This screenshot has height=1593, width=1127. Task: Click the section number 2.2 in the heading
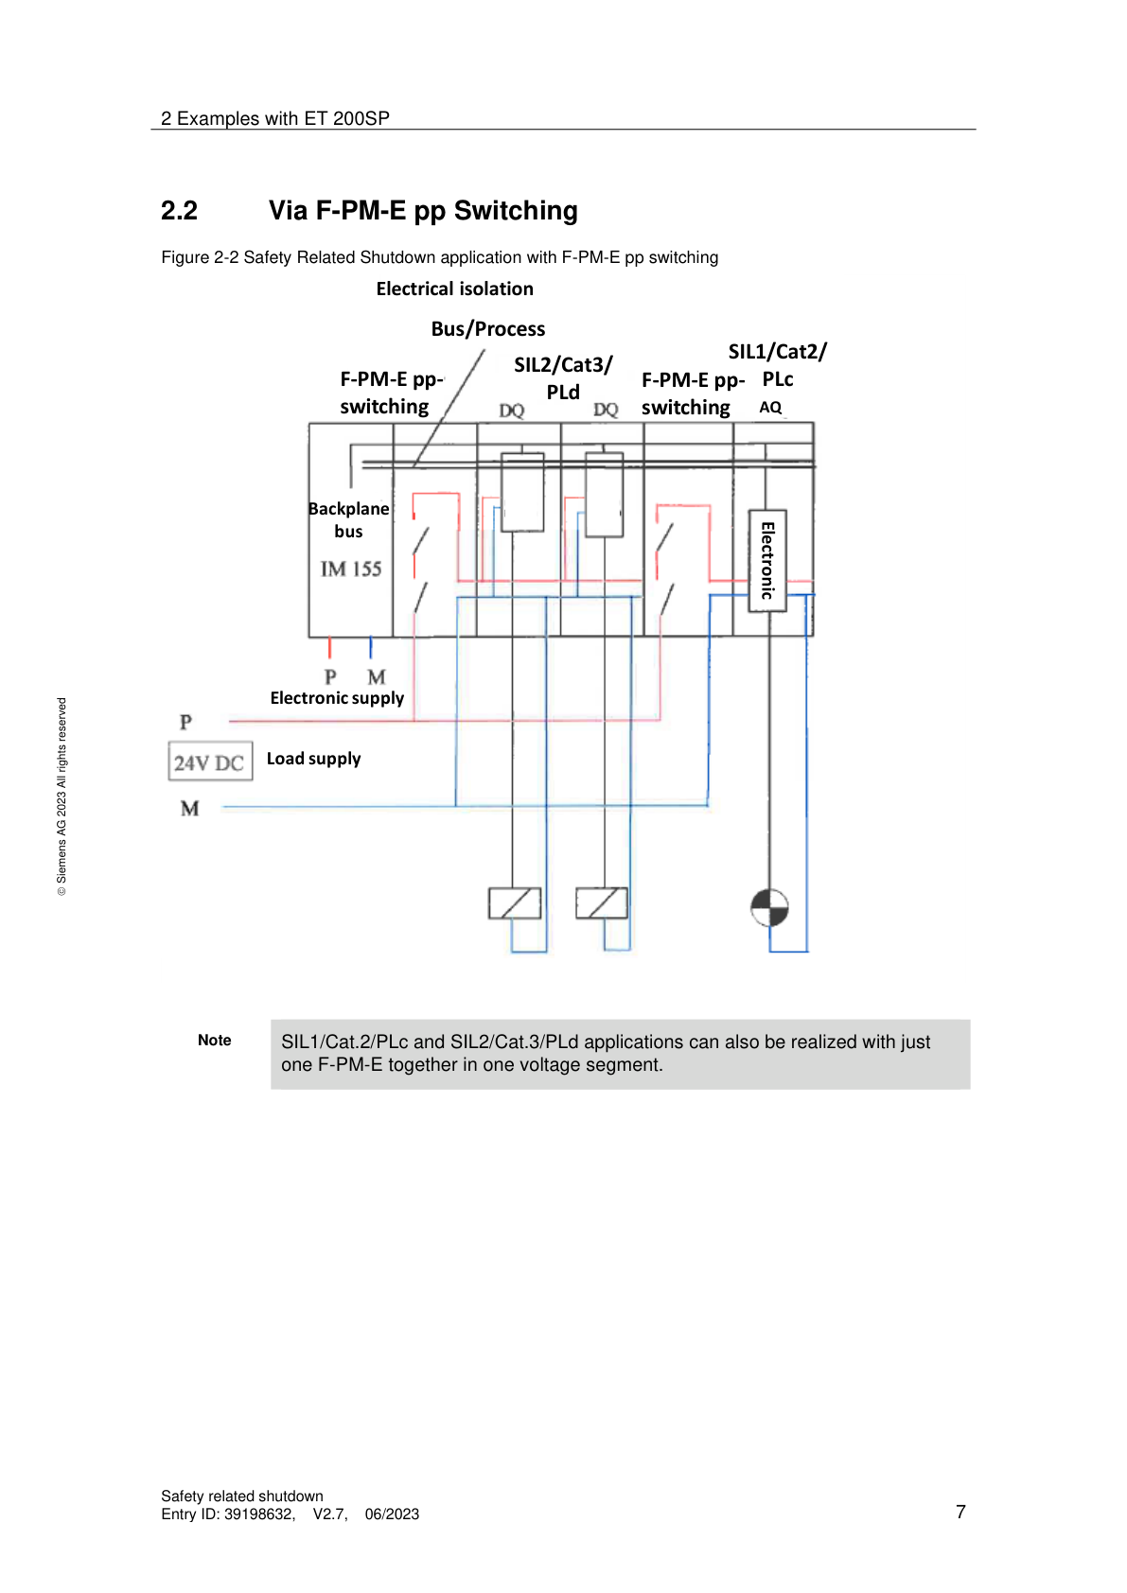point(179,211)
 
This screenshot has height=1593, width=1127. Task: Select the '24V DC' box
point(210,761)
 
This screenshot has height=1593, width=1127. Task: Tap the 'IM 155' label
point(350,569)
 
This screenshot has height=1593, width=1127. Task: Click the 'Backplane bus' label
point(348,519)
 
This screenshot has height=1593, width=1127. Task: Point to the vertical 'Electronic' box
point(767,560)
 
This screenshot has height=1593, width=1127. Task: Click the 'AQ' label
point(770,408)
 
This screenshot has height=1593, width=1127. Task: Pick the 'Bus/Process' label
point(487,329)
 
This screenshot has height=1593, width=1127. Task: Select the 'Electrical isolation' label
point(454,289)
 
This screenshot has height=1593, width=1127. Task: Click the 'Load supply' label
point(313,759)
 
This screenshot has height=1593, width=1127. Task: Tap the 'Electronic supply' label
point(337,698)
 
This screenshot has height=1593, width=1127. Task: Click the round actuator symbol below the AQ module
point(769,908)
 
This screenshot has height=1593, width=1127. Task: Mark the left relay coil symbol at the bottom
point(514,903)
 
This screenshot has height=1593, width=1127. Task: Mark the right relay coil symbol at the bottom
point(602,903)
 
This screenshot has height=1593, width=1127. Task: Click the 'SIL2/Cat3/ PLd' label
point(563,377)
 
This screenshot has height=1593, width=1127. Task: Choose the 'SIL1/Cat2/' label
point(777,352)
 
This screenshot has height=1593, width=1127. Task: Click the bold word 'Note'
point(215,1041)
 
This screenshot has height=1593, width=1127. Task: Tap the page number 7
point(960,1512)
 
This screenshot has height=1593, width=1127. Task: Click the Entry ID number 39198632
point(258,1514)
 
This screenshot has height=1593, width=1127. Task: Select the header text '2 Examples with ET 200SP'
point(275,118)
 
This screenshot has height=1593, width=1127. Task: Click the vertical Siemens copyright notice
point(62,796)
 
